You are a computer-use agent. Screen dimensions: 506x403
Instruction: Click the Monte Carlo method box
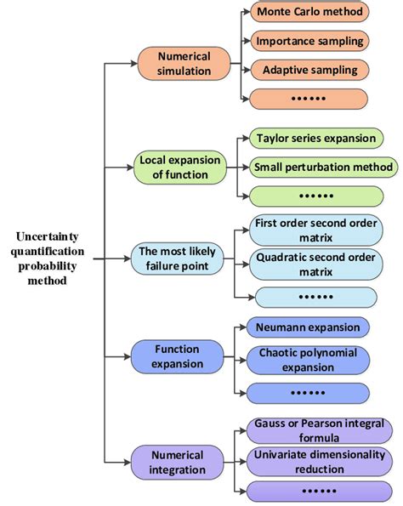click(x=309, y=13)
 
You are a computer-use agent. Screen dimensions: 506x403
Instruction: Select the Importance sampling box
click(x=309, y=41)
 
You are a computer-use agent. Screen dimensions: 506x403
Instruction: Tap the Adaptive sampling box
click(x=309, y=69)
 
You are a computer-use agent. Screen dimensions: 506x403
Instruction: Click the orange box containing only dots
click(x=309, y=98)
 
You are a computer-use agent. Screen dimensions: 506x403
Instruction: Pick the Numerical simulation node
click(x=184, y=65)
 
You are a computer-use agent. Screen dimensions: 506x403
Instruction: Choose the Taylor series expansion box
click(x=315, y=138)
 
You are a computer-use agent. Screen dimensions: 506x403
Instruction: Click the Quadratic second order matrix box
click(x=315, y=264)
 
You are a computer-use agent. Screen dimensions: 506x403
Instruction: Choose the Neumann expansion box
click(x=308, y=327)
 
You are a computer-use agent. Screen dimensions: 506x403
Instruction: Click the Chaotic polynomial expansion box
click(x=309, y=359)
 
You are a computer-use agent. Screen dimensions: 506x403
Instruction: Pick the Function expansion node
click(x=179, y=356)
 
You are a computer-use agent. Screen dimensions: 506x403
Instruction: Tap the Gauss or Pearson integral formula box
click(x=319, y=430)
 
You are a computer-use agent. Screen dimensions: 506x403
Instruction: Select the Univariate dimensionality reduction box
click(x=319, y=462)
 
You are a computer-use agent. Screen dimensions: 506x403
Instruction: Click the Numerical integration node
click(x=179, y=462)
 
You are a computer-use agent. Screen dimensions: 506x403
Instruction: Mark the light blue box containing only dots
click(x=315, y=297)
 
